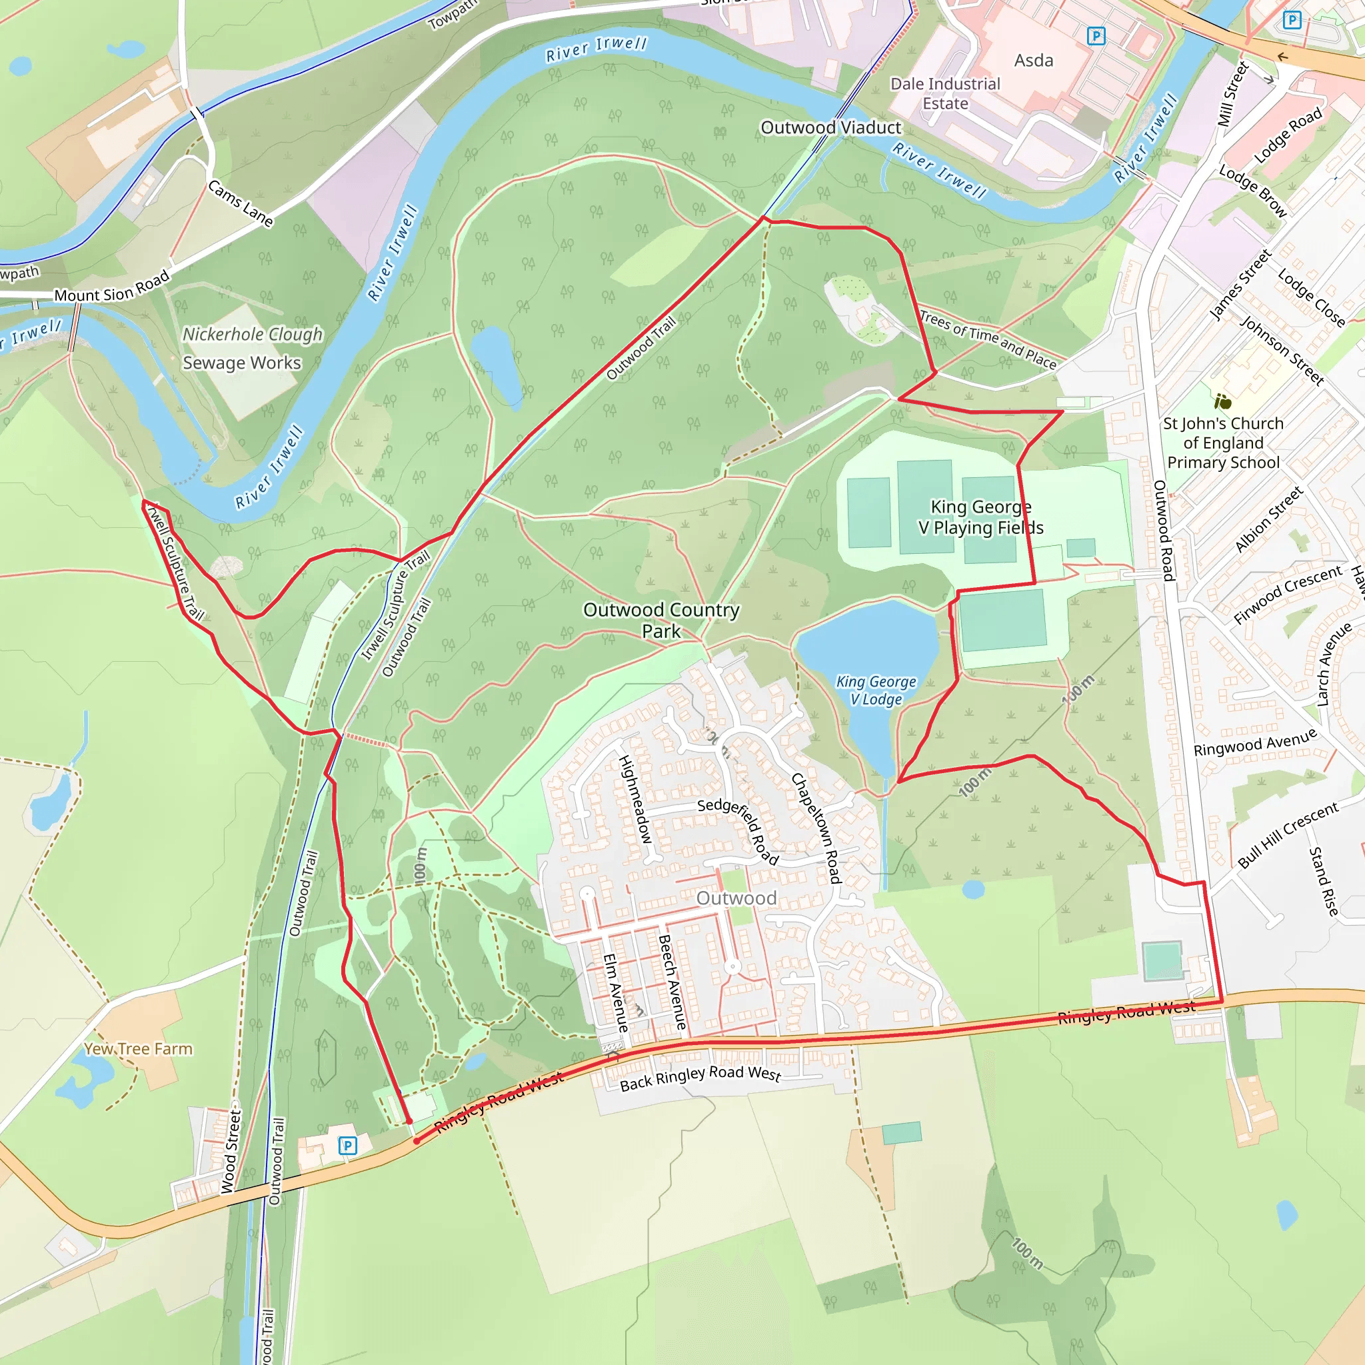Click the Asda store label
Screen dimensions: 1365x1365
(x=1034, y=61)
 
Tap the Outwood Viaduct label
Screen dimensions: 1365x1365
(x=831, y=128)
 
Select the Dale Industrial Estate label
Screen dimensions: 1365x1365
(x=944, y=93)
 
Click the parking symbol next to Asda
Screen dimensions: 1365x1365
(x=1096, y=35)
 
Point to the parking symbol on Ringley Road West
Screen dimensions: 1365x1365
(x=347, y=1145)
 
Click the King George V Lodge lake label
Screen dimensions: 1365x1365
(x=876, y=690)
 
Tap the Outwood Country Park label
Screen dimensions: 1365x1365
(x=661, y=620)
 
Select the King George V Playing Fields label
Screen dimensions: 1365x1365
(x=980, y=517)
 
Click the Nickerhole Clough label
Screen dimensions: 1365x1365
(x=252, y=334)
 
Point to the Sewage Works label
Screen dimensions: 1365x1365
(x=242, y=363)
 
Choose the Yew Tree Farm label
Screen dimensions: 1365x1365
(x=139, y=1049)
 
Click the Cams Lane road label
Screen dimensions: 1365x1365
(x=240, y=203)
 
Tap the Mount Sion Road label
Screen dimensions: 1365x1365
(x=113, y=286)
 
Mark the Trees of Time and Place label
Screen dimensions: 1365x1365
(x=988, y=339)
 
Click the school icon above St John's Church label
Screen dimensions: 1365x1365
(x=1223, y=402)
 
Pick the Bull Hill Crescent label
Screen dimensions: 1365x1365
(x=1288, y=834)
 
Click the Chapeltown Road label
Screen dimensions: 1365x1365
(x=816, y=827)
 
